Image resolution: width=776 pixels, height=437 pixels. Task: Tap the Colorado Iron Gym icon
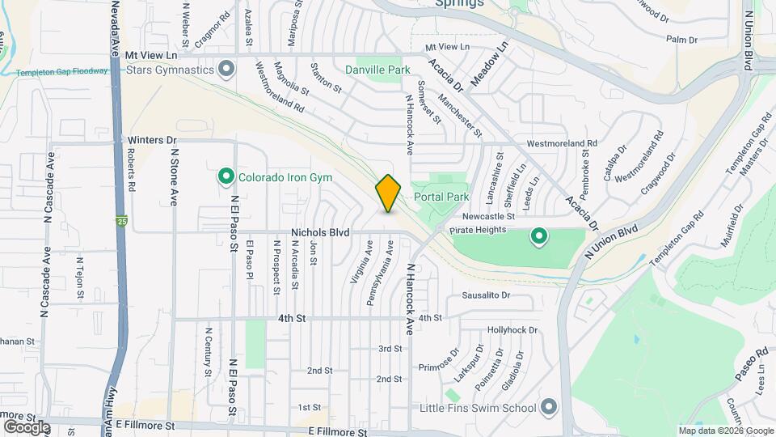(226, 176)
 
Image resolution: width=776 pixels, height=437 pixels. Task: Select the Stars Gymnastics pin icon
(226, 69)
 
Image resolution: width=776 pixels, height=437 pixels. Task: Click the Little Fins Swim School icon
(550, 406)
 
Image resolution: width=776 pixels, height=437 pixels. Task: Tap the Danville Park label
(384, 70)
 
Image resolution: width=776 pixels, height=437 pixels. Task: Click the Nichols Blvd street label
(321, 232)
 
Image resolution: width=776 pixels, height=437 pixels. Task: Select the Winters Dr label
(152, 139)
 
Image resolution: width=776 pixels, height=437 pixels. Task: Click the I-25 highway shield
(121, 220)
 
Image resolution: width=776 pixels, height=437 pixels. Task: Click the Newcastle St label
(489, 216)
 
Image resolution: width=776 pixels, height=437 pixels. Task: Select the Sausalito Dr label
(487, 295)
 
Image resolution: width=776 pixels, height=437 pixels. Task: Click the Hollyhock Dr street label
(512, 330)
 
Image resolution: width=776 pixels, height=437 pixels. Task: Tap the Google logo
(27, 426)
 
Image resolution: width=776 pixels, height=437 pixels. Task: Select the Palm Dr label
(681, 39)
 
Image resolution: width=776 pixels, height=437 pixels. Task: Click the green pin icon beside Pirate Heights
(538, 237)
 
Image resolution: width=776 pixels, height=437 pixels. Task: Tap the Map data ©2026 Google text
(725, 431)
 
